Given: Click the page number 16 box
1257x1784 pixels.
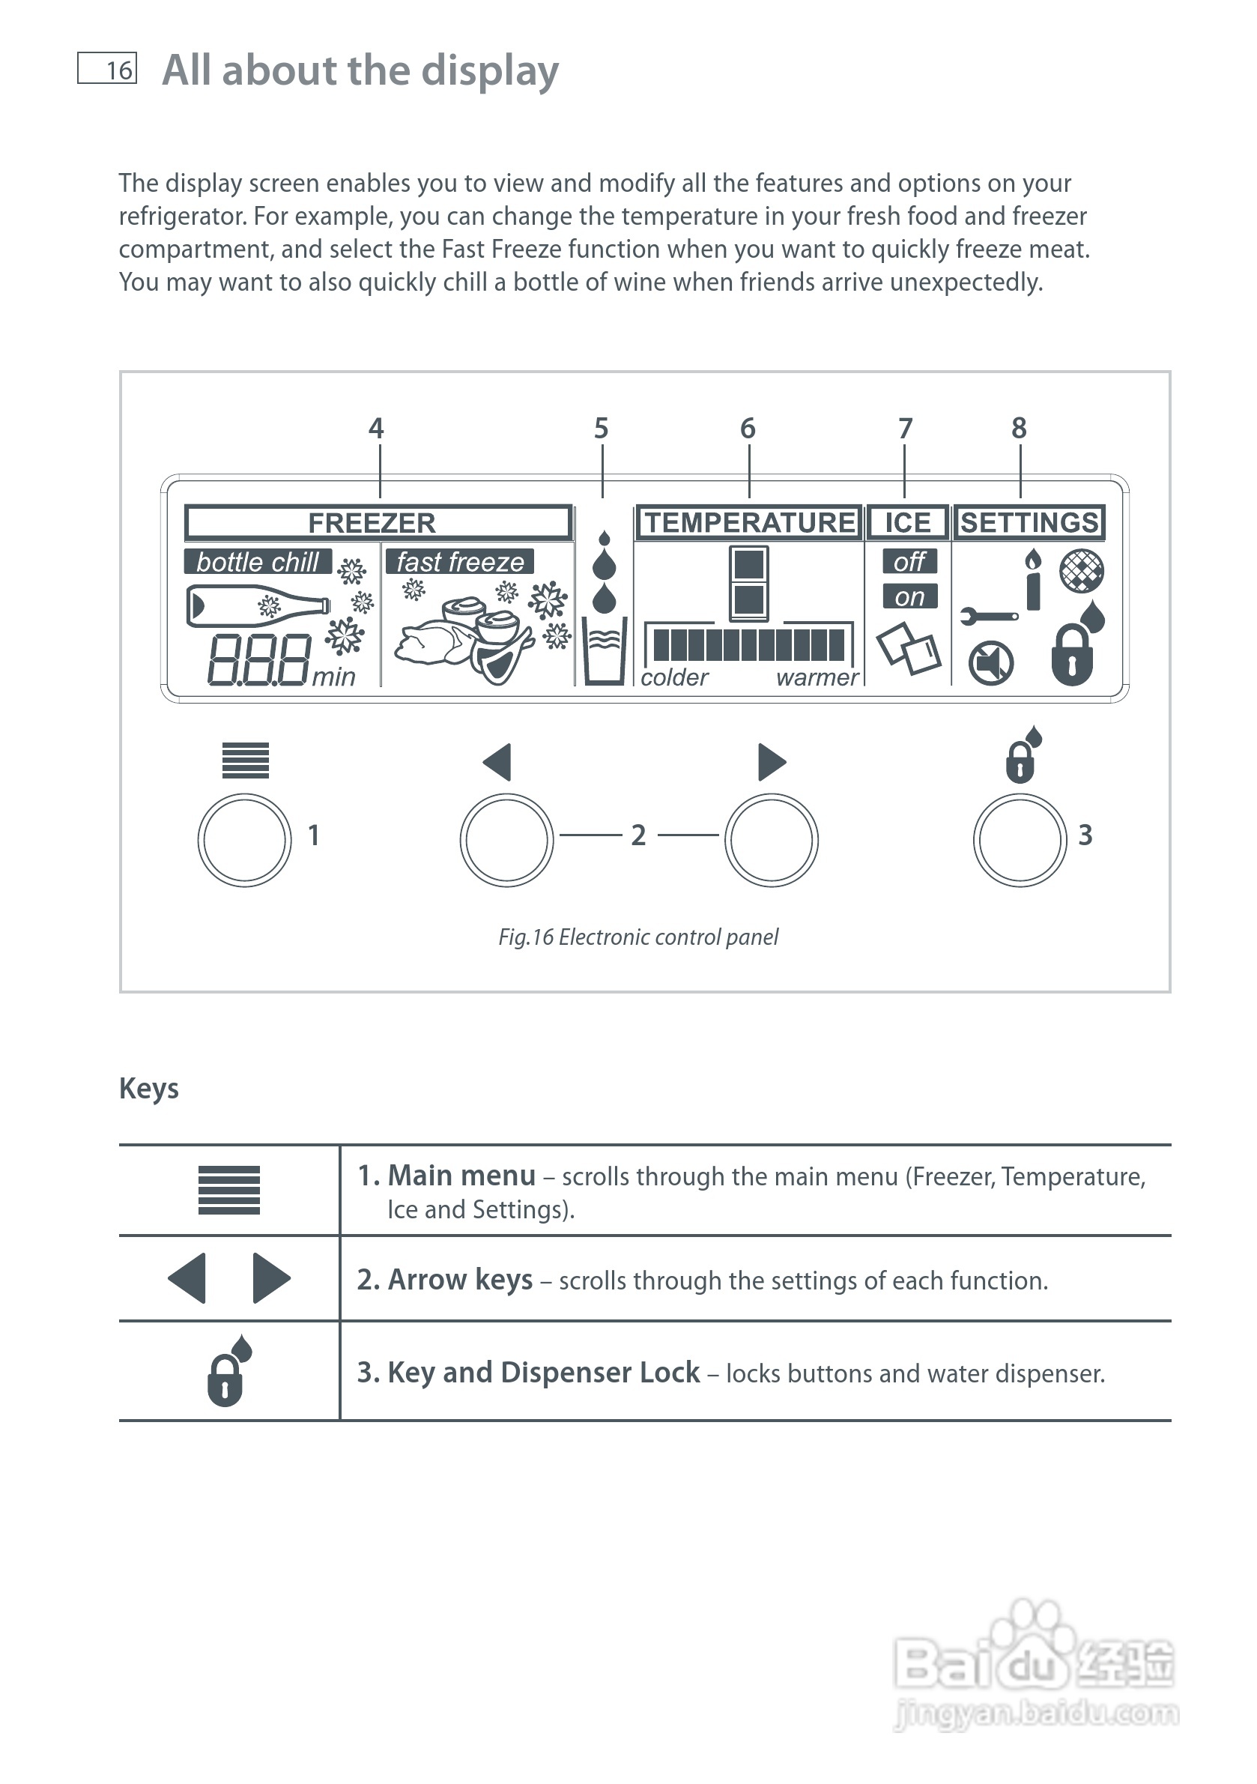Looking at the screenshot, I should point(107,68).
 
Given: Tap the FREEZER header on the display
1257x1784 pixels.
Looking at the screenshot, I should point(372,523).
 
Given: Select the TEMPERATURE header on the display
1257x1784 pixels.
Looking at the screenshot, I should point(749,522).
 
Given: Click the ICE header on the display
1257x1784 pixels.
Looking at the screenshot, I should point(906,522).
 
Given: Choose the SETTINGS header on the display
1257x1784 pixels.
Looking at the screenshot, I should point(1029,522).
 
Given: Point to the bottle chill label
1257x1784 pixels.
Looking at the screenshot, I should point(257,562).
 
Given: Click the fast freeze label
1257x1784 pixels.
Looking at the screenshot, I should point(460,562).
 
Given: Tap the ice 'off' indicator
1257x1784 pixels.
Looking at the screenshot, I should point(909,561).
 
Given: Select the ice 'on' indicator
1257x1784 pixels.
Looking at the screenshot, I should point(909,596).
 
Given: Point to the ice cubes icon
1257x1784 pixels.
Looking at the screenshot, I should point(907,649).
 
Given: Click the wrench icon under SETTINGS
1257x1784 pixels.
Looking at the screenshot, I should point(988,616).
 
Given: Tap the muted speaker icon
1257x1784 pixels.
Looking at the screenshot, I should point(990,664).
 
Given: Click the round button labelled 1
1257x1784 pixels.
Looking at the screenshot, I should point(245,840).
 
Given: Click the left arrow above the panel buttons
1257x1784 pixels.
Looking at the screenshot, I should point(498,761).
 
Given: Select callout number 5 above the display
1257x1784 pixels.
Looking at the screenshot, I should point(602,428).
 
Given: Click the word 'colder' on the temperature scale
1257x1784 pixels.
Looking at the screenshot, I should point(673,677).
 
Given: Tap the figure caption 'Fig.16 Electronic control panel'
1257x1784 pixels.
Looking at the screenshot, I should point(637,937).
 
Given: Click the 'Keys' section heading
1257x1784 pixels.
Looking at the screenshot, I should point(149,1089).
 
